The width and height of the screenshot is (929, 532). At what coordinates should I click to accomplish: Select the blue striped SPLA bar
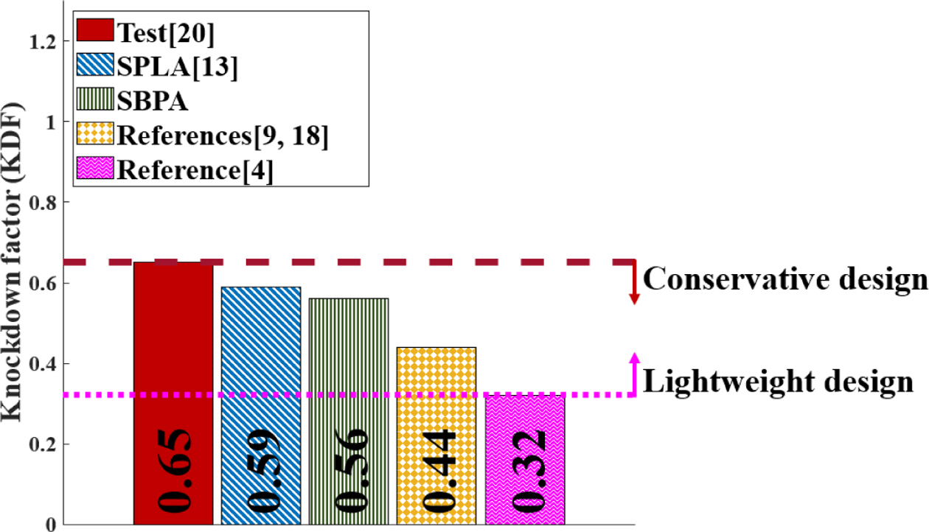click(x=261, y=354)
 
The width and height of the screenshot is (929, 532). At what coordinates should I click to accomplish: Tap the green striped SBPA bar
click(x=349, y=354)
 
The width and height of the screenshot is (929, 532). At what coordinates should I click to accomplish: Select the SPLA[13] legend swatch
click(x=94, y=66)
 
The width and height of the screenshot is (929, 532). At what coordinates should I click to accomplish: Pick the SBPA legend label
click(x=152, y=101)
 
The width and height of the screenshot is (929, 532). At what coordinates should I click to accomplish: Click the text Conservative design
click(x=784, y=279)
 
